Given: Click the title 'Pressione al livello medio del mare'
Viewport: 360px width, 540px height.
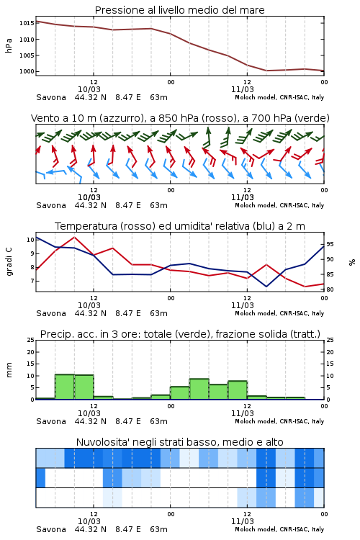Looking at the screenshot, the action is tap(180, 10).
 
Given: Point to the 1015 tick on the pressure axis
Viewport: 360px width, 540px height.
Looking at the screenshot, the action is tap(27, 23).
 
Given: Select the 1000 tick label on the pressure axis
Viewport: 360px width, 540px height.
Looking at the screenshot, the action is tap(27, 71).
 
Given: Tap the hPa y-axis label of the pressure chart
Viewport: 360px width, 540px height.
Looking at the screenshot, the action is tap(9, 45).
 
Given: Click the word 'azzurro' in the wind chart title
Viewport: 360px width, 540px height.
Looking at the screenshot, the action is tap(121, 118).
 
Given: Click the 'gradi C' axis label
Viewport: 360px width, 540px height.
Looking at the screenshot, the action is tap(9, 262).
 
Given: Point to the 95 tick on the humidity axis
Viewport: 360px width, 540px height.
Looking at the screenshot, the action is tap(330, 244).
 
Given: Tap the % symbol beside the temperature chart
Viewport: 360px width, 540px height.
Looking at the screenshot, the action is tap(352, 262).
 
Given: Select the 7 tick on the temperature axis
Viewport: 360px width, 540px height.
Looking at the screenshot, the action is tap(32, 281).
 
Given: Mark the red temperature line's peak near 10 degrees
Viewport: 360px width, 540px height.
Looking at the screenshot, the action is tap(74, 237).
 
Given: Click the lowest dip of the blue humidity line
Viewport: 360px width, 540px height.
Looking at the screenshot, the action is tap(266, 287).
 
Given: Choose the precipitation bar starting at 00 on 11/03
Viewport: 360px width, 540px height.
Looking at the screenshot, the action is tap(179, 393).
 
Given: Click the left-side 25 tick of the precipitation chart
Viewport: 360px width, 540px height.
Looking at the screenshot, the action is tap(31, 340).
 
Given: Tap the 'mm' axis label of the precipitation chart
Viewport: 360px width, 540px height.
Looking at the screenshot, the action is tap(9, 370).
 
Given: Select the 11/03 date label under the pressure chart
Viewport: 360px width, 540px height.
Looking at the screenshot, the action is tap(242, 89).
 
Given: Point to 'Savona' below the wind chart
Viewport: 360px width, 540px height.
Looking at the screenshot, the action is tap(51, 205).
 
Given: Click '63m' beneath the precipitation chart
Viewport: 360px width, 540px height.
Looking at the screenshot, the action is tap(158, 421).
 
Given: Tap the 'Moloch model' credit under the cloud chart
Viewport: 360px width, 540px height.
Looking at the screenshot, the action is tap(256, 529).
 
